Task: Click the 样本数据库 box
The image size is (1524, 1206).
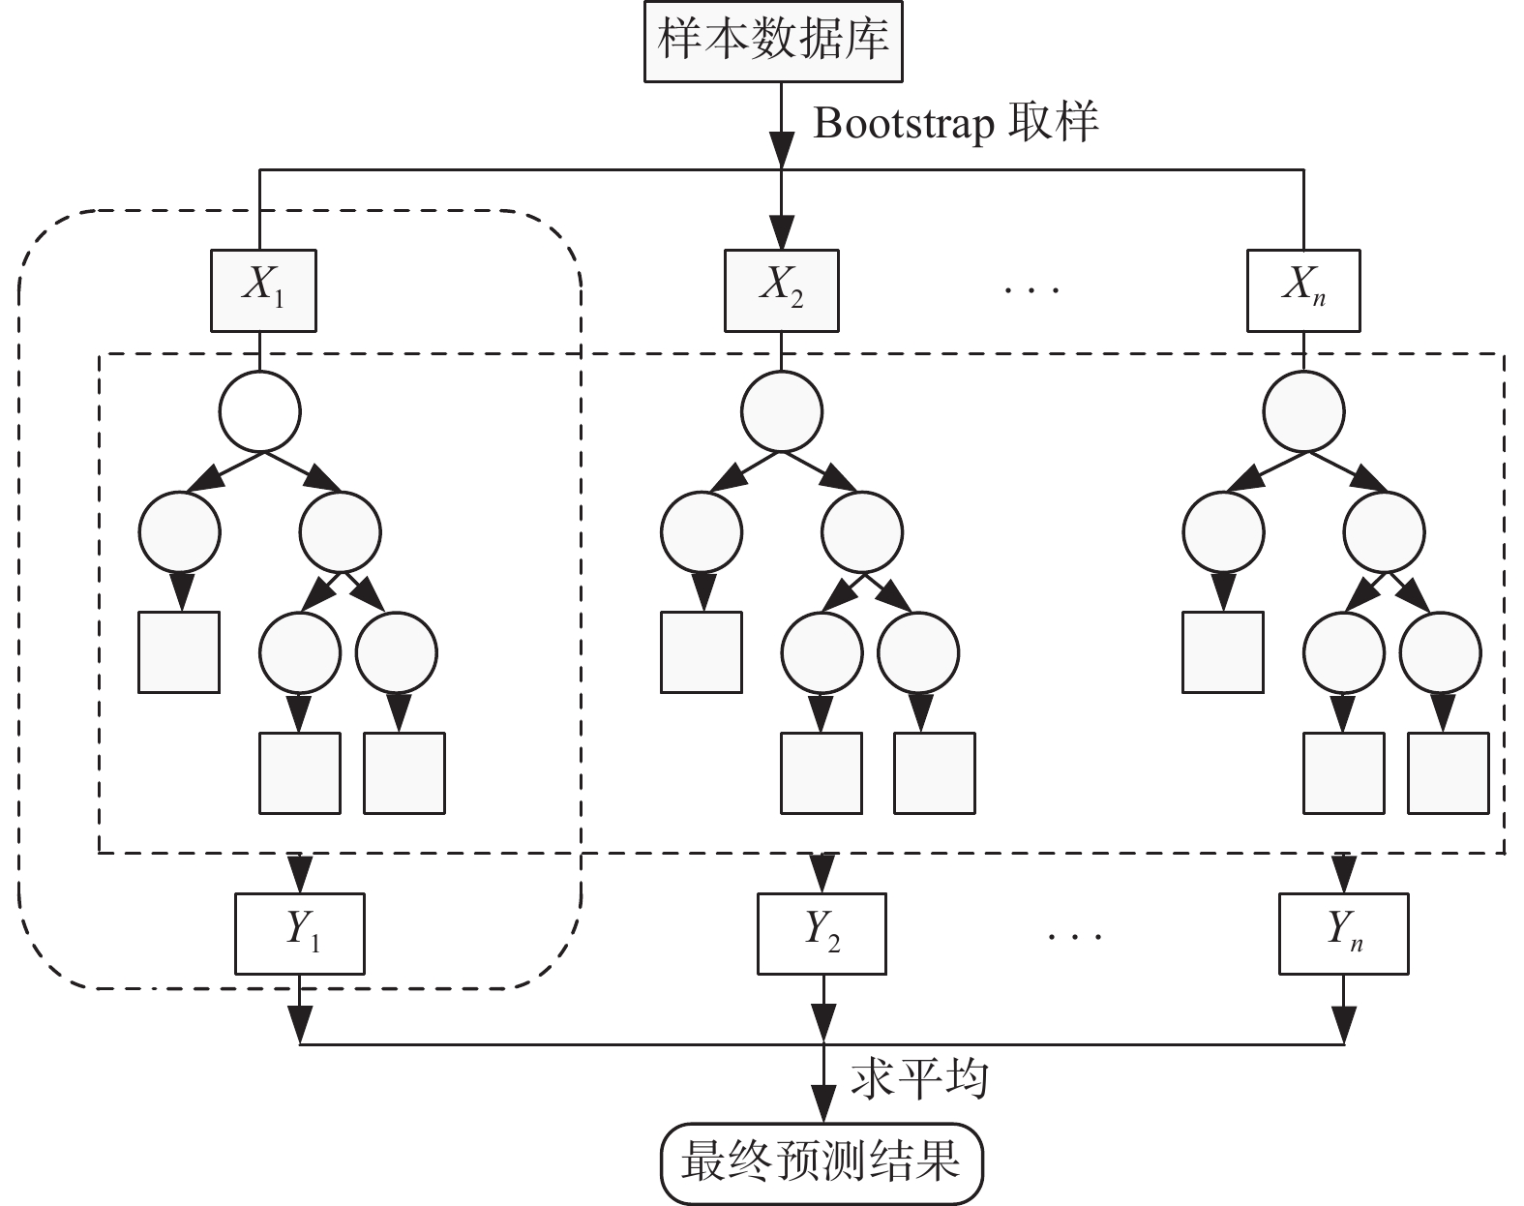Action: pos(773,42)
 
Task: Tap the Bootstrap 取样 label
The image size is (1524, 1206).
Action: pos(955,124)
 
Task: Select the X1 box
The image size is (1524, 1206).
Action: pos(263,288)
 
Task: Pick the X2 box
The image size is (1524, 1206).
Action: pos(782,288)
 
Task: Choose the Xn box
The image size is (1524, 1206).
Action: pos(1303,288)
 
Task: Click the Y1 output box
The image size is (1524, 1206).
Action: pos(300,933)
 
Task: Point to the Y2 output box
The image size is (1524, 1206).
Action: pos(822,933)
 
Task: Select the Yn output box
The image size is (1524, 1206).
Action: pos(1343,933)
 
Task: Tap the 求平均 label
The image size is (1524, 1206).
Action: pos(919,1077)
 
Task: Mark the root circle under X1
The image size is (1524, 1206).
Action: pos(260,411)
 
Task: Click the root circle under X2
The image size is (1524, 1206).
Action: pos(782,411)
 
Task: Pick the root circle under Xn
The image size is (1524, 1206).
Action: pos(1303,411)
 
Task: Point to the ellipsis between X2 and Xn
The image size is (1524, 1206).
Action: pos(1033,288)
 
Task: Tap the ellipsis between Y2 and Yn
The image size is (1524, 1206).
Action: pos(1075,935)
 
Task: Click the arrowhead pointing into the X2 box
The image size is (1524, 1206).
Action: pos(782,233)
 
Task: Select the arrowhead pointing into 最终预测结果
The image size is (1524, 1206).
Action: pos(822,1103)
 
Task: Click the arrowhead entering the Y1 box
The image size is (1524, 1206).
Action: pos(300,875)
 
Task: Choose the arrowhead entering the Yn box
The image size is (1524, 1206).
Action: pos(1343,875)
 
